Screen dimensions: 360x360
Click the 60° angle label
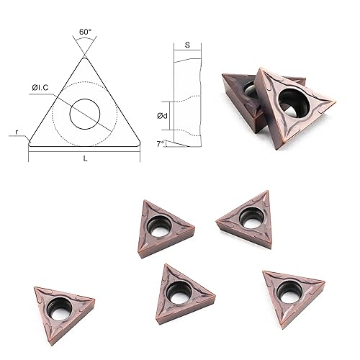pyautogui.click(x=85, y=32)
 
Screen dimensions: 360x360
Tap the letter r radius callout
pyautogui.click(x=16, y=133)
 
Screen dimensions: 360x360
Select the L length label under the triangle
pyautogui.click(x=85, y=158)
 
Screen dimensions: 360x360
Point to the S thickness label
pyautogui.click(x=188, y=45)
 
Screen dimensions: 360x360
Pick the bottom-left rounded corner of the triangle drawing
pyautogui.click(x=32, y=142)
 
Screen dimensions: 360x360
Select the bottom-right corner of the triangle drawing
pyautogui.click(x=137, y=142)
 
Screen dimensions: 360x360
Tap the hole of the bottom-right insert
pyautogui.click(x=290, y=290)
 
